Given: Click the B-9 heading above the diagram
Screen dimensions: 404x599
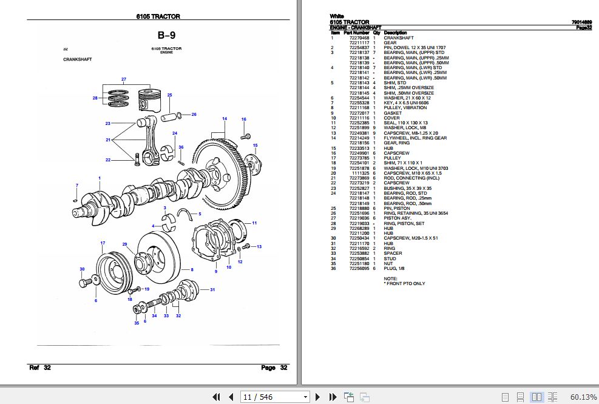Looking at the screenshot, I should point(166,35).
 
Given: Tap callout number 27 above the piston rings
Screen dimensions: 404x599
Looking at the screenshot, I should point(123,80).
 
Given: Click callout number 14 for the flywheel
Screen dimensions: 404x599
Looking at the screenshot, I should point(224,118).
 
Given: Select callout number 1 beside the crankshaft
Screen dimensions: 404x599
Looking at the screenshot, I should point(100,177).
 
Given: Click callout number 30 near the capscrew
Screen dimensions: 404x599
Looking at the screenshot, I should point(82,269).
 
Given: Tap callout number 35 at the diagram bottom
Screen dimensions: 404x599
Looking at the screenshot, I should point(137,323).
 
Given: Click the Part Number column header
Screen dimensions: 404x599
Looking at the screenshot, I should point(356,33).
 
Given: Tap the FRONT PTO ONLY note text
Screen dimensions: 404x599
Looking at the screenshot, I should point(405,283).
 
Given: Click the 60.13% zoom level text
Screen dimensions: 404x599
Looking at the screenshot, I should point(583,397).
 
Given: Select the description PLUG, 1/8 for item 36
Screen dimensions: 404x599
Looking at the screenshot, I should point(395,269).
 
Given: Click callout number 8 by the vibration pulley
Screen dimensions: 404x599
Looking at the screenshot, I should point(192,269).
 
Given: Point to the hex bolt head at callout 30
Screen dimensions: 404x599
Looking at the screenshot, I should point(84,283).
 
